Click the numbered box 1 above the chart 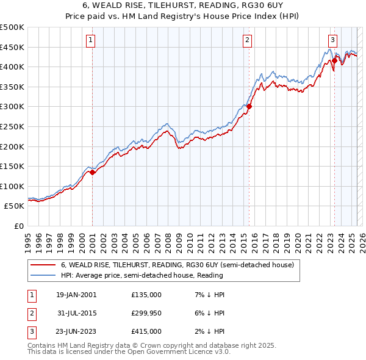(x=90, y=41)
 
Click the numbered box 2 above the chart (x=248, y=41)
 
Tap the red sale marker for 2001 (x=92, y=172)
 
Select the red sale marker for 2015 (x=249, y=107)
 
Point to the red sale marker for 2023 (x=334, y=61)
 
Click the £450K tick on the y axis (x=12, y=47)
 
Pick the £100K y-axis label (x=12, y=186)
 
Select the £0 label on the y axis (x=20, y=226)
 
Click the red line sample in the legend (x=42, y=265)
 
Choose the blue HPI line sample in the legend (x=42, y=275)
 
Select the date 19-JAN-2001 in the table (x=76, y=294)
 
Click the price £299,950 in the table (x=146, y=313)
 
